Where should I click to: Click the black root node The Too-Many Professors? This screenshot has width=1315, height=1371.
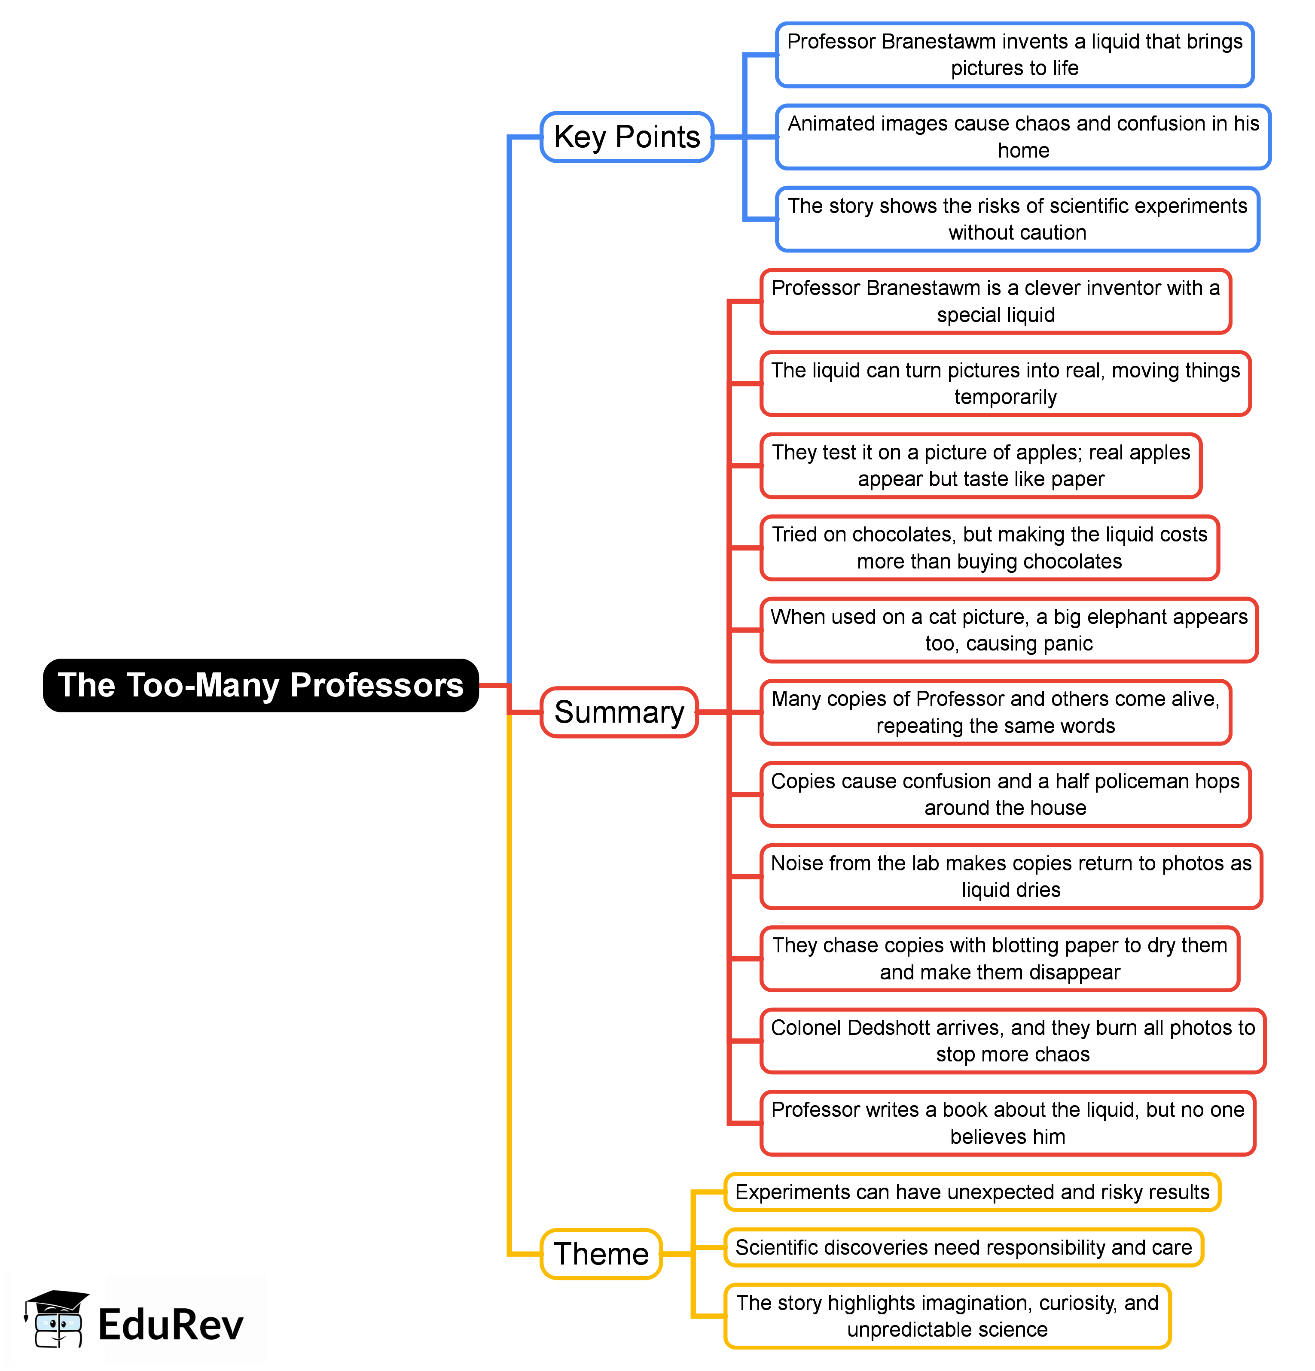click(x=260, y=685)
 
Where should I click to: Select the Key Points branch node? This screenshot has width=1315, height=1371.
click(x=626, y=137)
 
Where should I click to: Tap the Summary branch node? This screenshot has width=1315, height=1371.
click(x=619, y=712)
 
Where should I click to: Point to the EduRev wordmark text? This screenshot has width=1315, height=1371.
click(x=170, y=1325)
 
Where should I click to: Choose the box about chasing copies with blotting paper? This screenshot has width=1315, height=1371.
click(x=999, y=958)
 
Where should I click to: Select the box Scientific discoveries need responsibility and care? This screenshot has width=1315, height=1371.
click(x=963, y=1247)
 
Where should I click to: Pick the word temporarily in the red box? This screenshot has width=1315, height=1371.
click(x=1005, y=397)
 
